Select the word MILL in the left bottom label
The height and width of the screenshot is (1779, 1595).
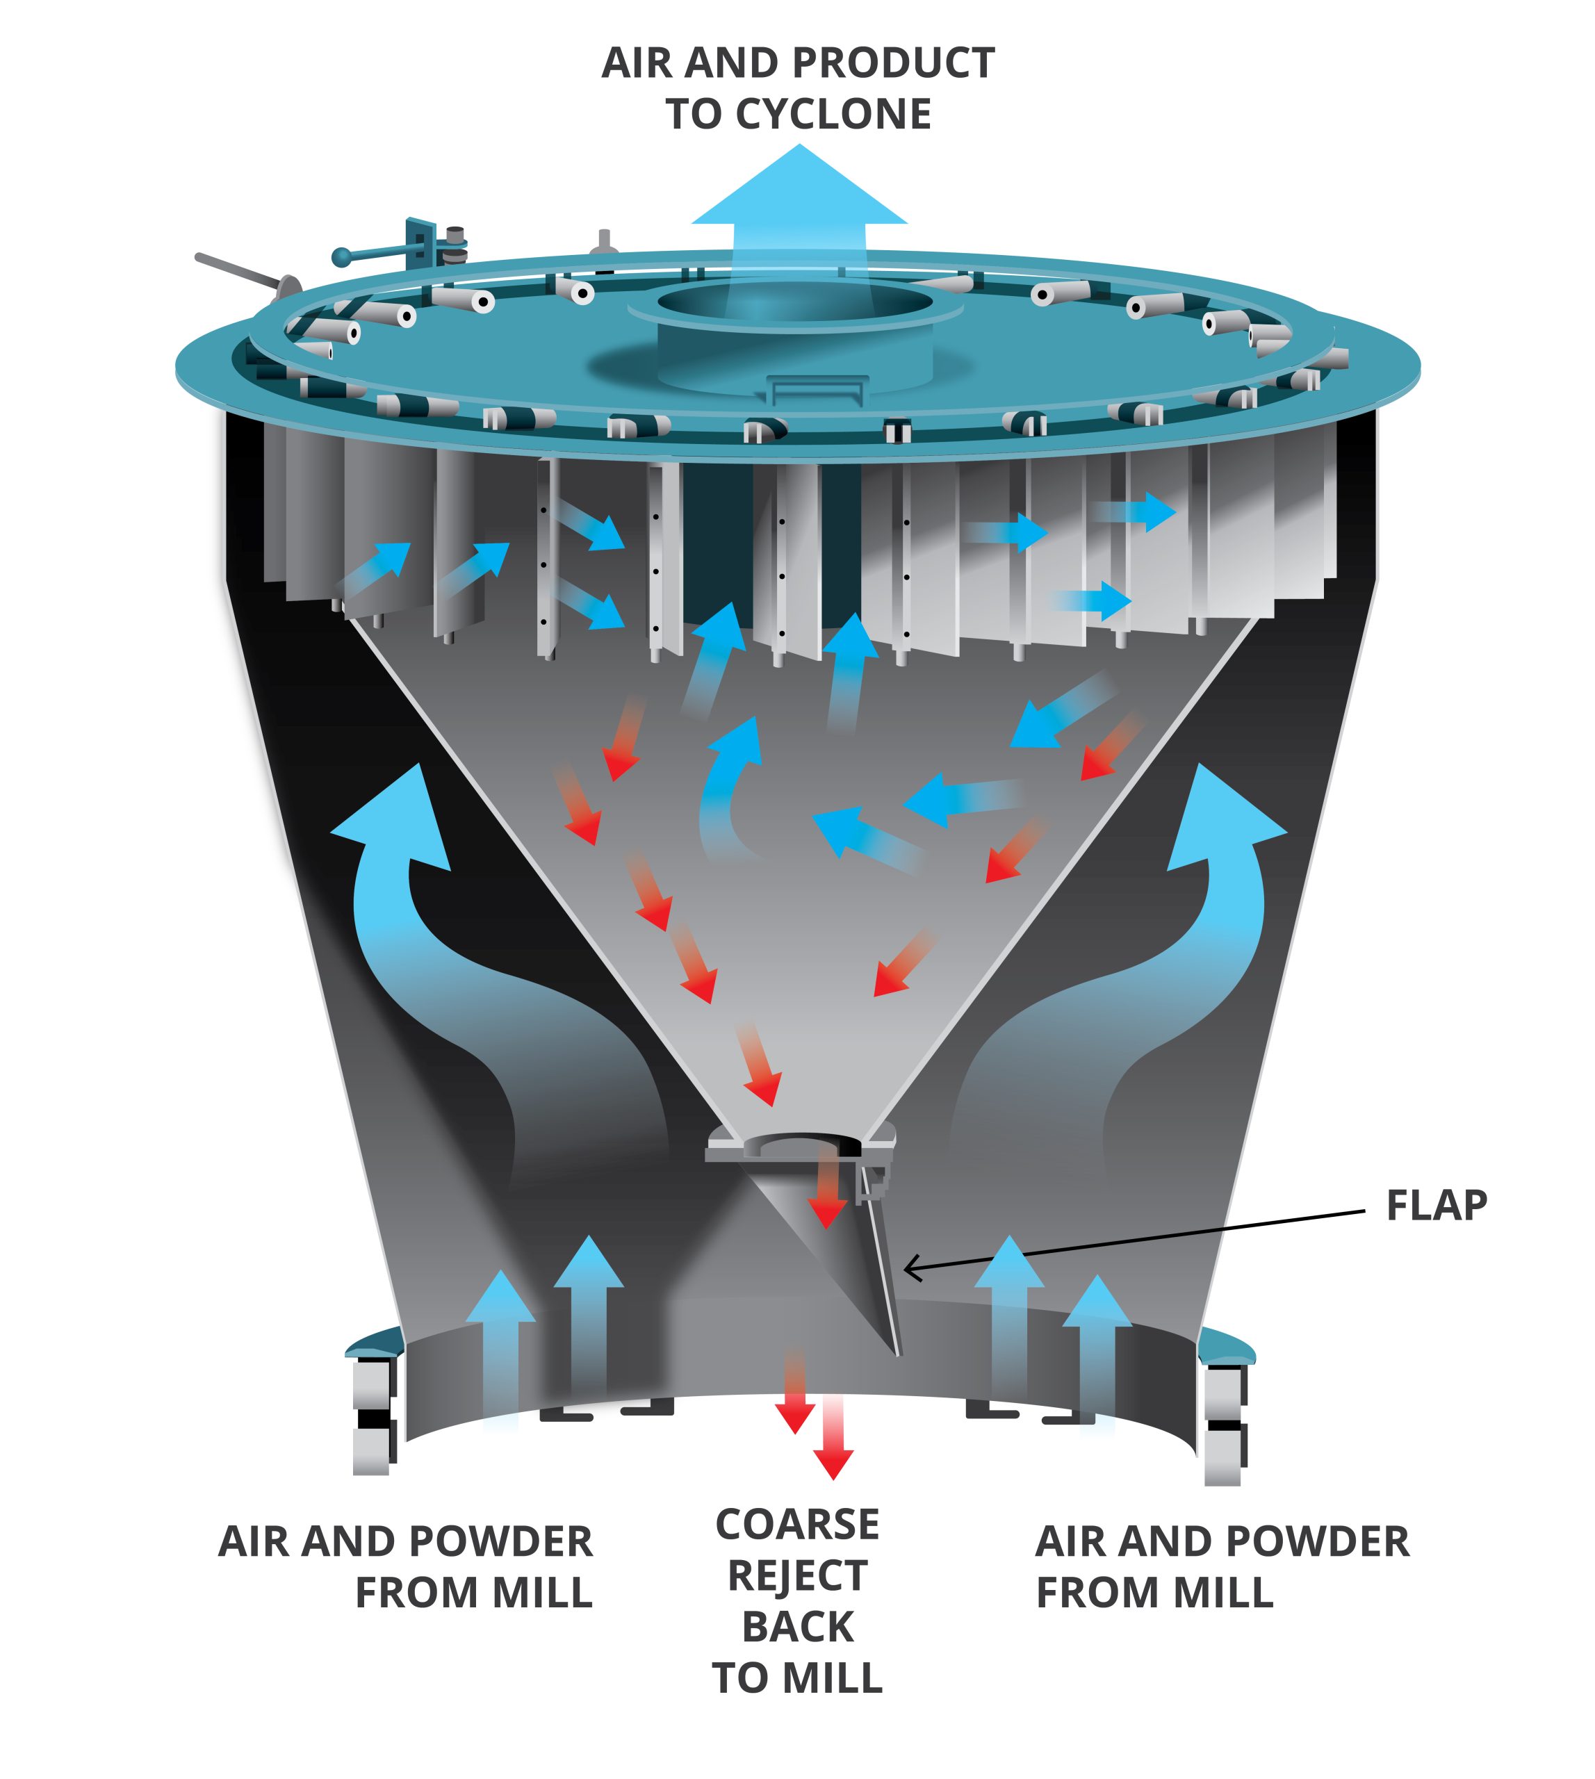click(x=541, y=1593)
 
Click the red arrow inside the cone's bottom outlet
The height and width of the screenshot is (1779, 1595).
click(x=826, y=1192)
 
